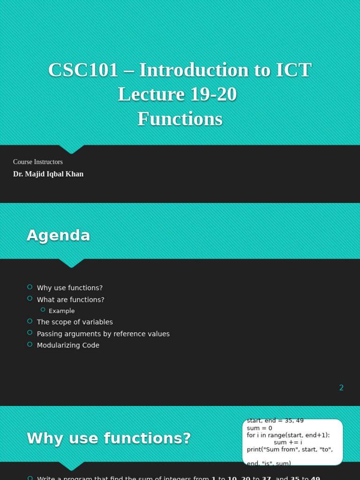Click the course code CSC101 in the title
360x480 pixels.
(x=83, y=70)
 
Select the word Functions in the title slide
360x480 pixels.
(x=180, y=119)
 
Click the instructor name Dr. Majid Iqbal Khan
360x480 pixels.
(x=48, y=174)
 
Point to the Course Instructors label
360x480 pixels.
(x=38, y=162)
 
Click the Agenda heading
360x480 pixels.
(x=58, y=235)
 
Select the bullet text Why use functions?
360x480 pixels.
(x=69, y=288)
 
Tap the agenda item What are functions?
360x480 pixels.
(x=70, y=300)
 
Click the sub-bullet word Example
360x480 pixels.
(x=61, y=311)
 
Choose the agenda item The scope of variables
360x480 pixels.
(x=75, y=322)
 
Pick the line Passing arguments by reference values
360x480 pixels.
(x=103, y=334)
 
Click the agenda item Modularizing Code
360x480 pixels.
(x=68, y=345)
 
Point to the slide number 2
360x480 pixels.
(x=341, y=388)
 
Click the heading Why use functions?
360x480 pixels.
(x=109, y=438)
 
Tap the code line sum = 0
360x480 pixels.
(x=259, y=428)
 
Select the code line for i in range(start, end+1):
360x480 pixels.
(x=288, y=435)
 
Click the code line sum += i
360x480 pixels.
(x=288, y=442)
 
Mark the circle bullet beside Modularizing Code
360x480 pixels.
(x=30, y=345)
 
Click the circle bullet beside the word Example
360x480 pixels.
(x=43, y=310)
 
